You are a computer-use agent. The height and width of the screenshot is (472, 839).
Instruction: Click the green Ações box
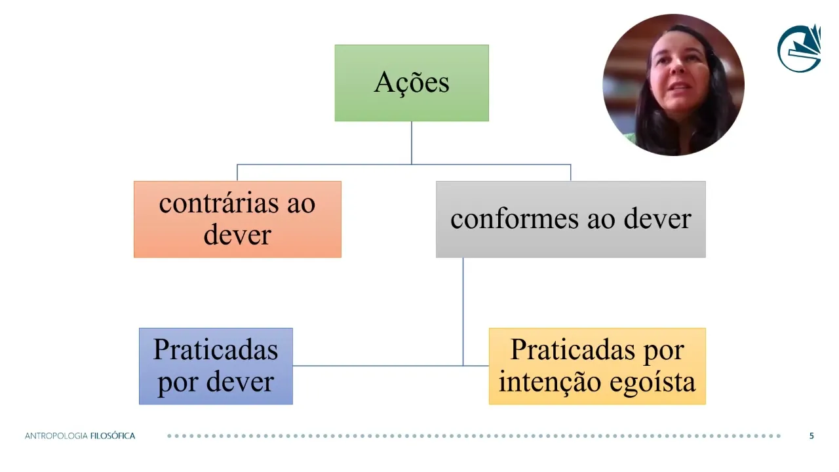click(x=412, y=83)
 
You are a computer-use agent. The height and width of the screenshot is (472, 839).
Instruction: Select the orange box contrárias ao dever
click(x=237, y=219)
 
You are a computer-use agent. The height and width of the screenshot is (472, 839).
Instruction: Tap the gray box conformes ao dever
click(x=570, y=219)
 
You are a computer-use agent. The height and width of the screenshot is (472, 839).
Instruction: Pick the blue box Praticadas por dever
click(x=216, y=366)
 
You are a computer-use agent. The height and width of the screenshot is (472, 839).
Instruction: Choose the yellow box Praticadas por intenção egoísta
click(x=597, y=366)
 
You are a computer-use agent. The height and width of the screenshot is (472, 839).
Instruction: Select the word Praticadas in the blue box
click(x=216, y=349)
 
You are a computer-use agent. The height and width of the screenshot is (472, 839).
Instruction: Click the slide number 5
click(x=811, y=436)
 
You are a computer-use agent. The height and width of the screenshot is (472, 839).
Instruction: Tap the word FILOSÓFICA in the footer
click(x=113, y=436)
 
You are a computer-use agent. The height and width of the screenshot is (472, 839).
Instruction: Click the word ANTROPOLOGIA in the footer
click(x=56, y=436)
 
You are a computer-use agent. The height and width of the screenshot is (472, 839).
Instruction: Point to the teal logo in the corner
click(x=800, y=47)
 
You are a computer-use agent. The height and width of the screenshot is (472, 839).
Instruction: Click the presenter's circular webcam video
click(x=673, y=85)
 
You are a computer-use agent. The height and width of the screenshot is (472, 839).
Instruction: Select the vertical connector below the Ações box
click(x=412, y=142)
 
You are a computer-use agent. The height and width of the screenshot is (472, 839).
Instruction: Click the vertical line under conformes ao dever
click(x=463, y=308)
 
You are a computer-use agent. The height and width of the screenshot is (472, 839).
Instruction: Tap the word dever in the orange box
click(x=237, y=235)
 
